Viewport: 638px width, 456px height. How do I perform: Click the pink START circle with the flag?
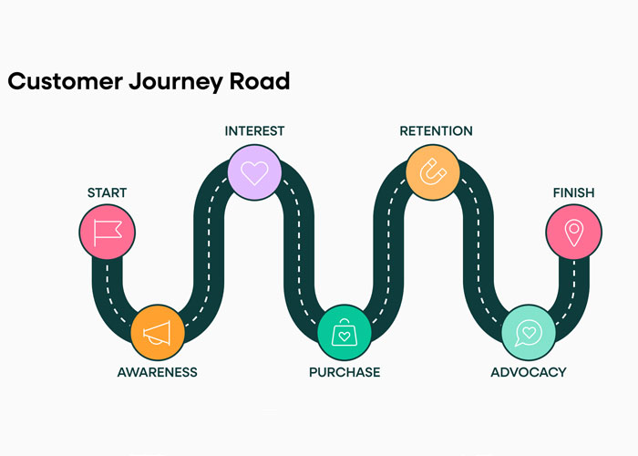107,233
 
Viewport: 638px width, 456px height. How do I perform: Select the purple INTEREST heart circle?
254,171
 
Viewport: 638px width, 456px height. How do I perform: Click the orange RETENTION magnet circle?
432,171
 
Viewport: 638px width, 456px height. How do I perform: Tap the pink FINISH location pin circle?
573,231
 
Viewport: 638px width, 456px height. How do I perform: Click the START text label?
107,192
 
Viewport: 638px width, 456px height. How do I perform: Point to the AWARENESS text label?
157,372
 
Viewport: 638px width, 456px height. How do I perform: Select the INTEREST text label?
254,131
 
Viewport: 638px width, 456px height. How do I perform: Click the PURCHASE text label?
345,372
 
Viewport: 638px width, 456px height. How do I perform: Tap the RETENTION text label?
436,131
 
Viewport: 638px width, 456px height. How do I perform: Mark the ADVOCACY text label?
528,372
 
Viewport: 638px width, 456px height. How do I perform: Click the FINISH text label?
573,192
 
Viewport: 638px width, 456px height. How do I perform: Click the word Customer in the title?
65,81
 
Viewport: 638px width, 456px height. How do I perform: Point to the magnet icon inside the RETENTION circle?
432,171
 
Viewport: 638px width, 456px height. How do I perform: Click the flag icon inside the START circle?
107,233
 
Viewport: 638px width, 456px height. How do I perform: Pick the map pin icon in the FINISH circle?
573,232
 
